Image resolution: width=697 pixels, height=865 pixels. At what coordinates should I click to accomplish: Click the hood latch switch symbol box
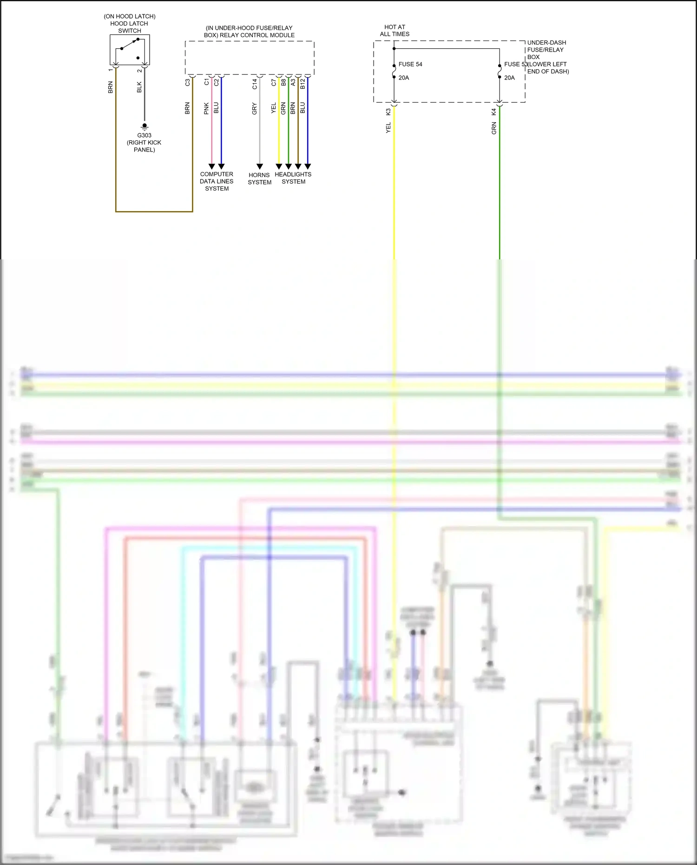130,50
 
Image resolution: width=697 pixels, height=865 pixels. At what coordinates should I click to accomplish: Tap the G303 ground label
144,135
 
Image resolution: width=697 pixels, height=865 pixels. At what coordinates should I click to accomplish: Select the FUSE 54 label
410,64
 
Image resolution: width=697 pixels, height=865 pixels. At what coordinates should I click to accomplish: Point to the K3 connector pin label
388,112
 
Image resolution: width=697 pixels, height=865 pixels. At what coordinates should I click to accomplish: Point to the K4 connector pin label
493,112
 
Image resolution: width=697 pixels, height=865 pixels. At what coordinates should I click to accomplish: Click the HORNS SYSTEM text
259,178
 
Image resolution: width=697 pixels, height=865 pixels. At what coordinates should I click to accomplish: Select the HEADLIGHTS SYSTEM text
293,178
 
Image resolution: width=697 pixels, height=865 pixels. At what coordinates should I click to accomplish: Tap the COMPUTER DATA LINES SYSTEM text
217,181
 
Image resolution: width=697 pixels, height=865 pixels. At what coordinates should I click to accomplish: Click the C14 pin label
254,84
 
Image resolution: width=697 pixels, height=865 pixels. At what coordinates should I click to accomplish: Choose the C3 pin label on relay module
187,82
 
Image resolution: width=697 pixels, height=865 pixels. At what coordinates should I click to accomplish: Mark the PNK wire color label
206,109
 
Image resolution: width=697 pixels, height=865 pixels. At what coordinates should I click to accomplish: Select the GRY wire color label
254,109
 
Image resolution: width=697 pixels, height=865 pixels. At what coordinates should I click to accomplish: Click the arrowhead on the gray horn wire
260,166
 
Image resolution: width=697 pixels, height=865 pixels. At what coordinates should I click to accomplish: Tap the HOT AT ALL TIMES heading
395,31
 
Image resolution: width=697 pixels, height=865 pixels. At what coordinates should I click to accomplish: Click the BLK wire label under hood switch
139,87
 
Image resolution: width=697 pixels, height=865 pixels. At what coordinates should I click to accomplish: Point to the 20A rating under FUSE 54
404,78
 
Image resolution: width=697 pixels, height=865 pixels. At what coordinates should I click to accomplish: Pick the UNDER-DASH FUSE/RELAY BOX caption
546,50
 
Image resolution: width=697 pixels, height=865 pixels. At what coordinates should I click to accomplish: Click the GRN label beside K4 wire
493,128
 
